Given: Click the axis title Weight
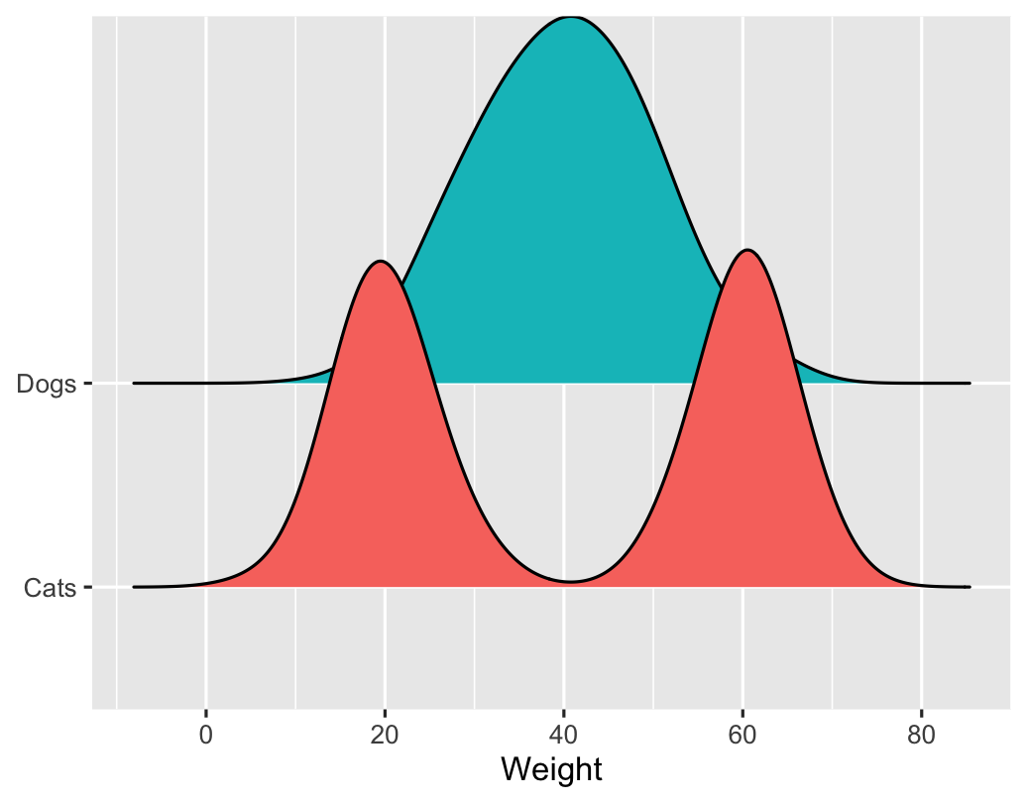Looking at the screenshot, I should (x=551, y=769).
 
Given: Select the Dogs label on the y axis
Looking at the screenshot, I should (x=47, y=385).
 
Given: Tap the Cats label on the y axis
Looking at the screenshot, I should (x=49, y=589).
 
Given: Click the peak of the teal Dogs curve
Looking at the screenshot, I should (x=571, y=17).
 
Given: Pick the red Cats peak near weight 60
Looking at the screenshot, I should (x=747, y=250).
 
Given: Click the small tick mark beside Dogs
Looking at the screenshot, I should (x=88, y=383).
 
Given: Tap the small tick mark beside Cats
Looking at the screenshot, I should (x=88, y=588).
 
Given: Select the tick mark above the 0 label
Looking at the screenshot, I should (x=206, y=714).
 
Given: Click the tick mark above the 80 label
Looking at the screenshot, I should (x=922, y=714).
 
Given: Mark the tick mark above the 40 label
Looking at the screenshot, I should (x=564, y=714).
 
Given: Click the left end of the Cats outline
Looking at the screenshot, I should (x=134, y=587).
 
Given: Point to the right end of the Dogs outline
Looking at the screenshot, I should (x=970, y=383).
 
